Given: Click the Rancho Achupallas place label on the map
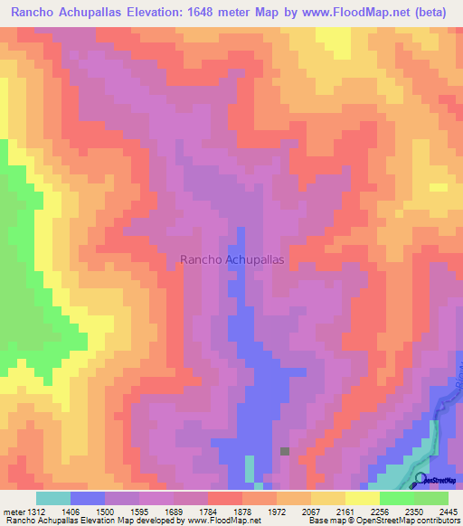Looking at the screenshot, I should tap(232, 258).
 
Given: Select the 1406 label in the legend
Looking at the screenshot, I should tap(71, 512).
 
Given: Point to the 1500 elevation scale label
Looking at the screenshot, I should tap(105, 512).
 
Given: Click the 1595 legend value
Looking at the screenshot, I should tap(139, 512).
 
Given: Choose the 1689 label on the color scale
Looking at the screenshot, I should tap(174, 512).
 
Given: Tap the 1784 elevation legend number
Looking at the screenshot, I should tap(208, 512).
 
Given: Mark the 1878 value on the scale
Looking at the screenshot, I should tap(242, 512).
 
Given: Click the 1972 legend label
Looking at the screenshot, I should tap(277, 512).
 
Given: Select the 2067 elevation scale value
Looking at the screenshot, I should tap(311, 512).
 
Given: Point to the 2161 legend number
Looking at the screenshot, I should tap(345, 512).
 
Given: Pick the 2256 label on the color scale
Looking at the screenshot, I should tap(380, 512).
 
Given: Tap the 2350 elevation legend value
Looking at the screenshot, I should tap(414, 512).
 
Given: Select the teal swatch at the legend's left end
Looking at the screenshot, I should tap(53, 498).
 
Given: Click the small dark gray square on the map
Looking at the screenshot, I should tap(285, 451).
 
